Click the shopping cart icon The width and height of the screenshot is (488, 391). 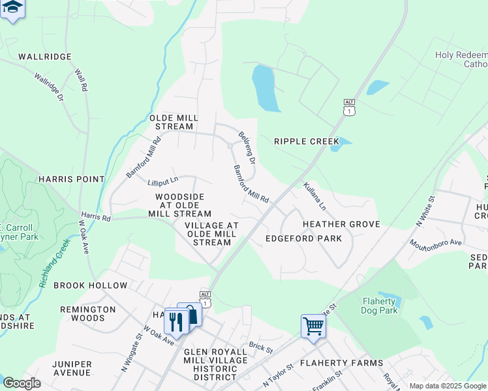[313, 325]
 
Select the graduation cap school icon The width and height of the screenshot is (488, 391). [12, 8]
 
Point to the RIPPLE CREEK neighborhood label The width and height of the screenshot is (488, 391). [306, 141]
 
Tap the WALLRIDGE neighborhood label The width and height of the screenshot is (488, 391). [44, 57]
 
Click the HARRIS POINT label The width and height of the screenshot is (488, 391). [71, 179]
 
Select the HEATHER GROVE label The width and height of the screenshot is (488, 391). [341, 224]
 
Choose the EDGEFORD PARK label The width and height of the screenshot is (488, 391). [303, 239]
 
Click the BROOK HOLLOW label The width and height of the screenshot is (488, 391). [91, 285]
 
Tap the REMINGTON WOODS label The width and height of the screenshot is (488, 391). [82, 314]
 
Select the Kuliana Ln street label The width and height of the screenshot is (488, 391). [314, 196]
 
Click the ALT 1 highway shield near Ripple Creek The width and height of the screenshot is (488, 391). [350, 108]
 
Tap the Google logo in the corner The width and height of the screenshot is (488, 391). [22, 383]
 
